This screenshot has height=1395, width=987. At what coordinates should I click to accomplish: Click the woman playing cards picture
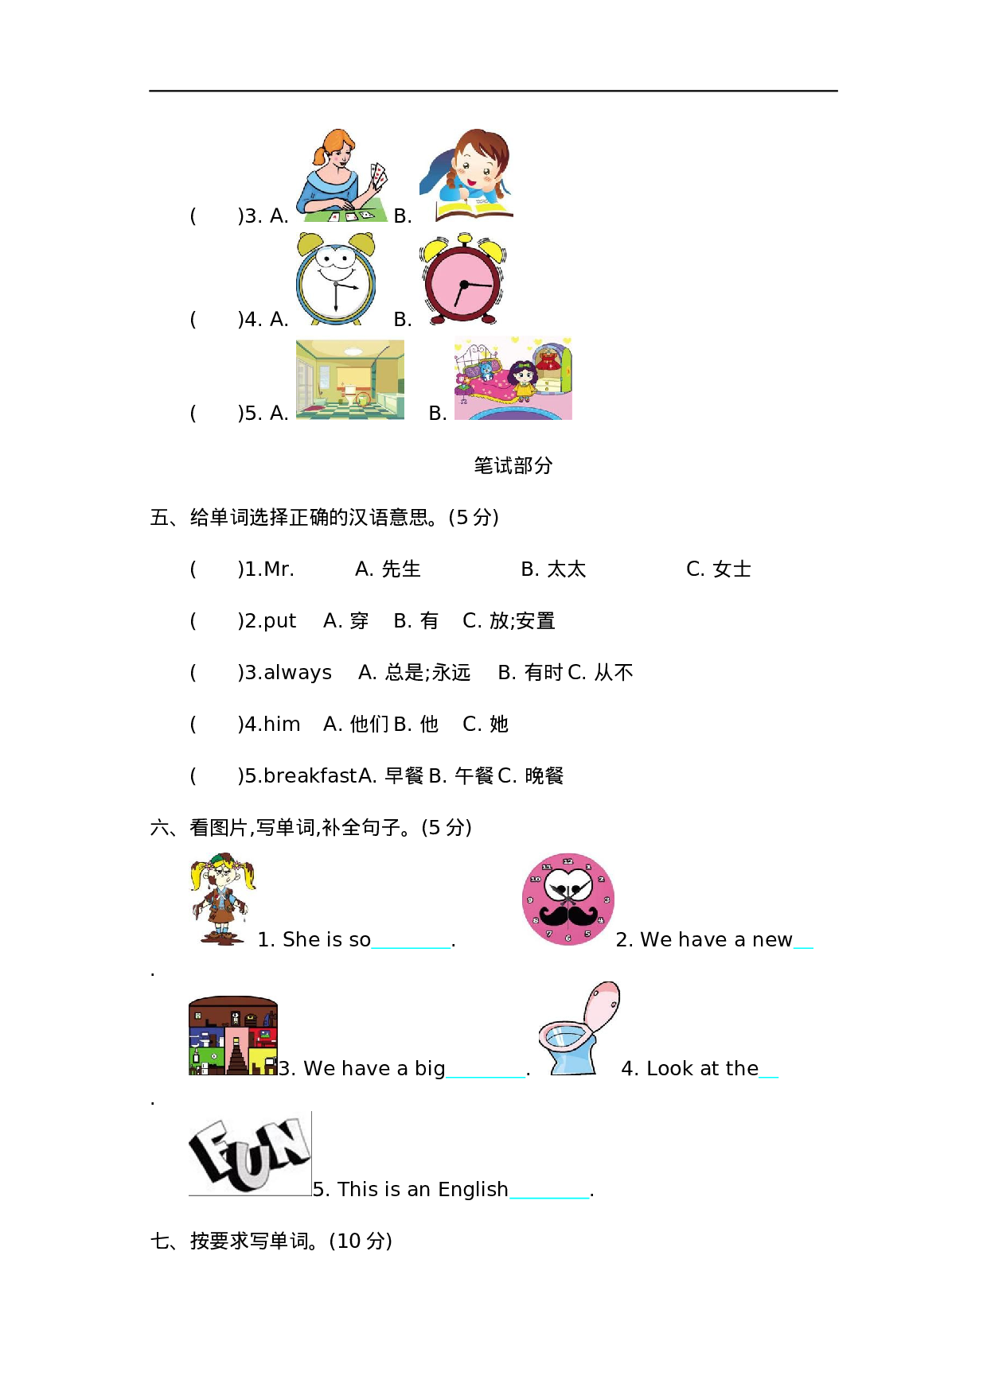342,177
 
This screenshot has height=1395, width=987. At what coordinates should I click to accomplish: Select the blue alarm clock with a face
336,280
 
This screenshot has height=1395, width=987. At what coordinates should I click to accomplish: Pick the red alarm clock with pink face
462,280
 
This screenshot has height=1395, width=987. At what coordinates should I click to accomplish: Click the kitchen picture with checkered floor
350,380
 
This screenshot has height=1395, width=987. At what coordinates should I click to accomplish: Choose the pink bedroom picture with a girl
513,379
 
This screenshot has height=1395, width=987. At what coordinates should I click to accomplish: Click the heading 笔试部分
513,465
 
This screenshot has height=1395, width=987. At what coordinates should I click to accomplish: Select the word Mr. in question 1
279,569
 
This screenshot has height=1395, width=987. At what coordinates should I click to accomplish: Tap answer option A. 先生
388,569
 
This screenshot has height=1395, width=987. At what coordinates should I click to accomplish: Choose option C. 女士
719,569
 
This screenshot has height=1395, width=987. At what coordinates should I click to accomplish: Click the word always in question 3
298,673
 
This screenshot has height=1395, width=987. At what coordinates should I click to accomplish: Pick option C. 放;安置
509,621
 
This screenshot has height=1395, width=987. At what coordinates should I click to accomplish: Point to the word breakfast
310,776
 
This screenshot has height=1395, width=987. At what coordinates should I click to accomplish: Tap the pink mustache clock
568,900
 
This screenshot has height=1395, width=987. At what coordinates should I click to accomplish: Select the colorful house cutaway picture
232,1036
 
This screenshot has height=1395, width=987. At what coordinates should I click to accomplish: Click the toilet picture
579,1029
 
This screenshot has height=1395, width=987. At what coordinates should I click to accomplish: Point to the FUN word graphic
249,1154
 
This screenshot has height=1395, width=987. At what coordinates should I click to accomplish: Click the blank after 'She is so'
412,941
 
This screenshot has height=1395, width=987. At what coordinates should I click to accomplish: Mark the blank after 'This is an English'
549,1191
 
